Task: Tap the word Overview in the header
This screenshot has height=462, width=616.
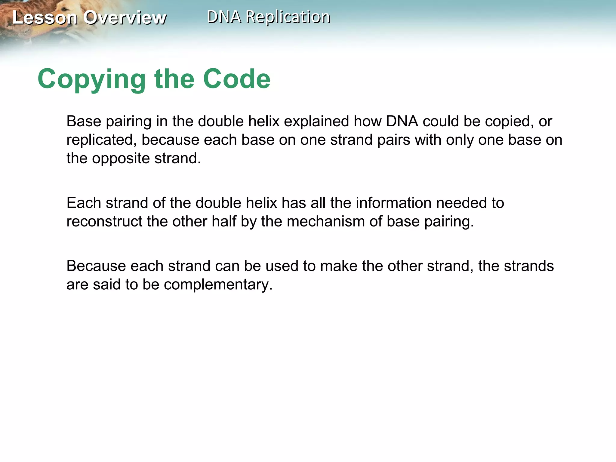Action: click(x=125, y=17)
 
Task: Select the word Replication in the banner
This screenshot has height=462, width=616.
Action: click(x=288, y=17)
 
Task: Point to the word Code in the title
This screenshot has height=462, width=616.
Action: click(x=237, y=79)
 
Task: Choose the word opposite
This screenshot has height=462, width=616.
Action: click(x=121, y=159)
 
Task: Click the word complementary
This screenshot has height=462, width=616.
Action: click(x=218, y=285)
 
